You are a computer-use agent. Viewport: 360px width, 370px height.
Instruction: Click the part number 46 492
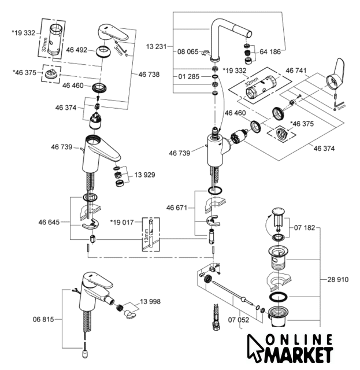[x=76, y=50]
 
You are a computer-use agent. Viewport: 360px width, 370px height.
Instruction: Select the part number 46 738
[x=150, y=75]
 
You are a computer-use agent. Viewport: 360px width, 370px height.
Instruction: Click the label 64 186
[x=269, y=51]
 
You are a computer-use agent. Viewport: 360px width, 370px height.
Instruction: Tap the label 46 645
[x=50, y=221]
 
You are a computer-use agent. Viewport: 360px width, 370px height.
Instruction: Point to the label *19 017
[x=122, y=221]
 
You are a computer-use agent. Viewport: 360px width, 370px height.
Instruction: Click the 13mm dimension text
[x=147, y=238]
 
